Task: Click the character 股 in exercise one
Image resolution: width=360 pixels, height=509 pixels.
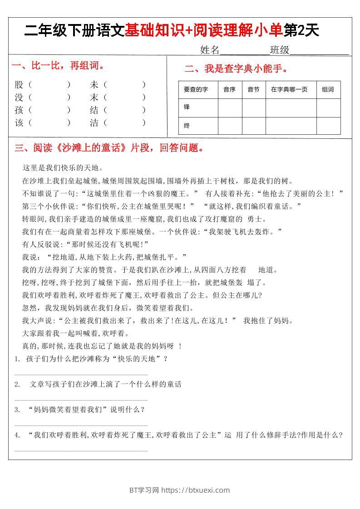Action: tap(19, 84)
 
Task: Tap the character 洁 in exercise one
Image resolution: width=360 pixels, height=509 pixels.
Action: tap(94, 122)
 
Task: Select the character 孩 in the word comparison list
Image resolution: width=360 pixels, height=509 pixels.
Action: tap(19, 110)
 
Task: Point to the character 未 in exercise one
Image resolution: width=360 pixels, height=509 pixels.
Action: tap(94, 84)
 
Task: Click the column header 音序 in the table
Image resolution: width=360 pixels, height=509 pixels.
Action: tap(230, 89)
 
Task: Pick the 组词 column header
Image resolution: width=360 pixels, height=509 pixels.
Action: tap(328, 89)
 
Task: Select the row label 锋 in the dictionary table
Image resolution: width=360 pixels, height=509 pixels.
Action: tap(187, 107)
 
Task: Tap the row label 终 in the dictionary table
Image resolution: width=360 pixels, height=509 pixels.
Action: tap(187, 126)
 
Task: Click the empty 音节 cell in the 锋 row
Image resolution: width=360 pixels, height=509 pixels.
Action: tap(253, 108)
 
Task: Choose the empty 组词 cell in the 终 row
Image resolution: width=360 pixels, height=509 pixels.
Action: tap(328, 126)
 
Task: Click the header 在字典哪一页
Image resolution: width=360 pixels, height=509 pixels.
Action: tap(289, 89)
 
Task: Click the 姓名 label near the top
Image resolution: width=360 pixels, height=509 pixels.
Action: tap(210, 50)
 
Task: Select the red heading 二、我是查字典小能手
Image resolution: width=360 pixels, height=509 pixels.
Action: tap(236, 69)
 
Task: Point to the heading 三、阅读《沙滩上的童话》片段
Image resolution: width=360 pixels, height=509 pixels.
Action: tap(109, 148)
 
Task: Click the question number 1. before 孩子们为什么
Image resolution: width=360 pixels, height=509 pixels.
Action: tap(17, 359)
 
